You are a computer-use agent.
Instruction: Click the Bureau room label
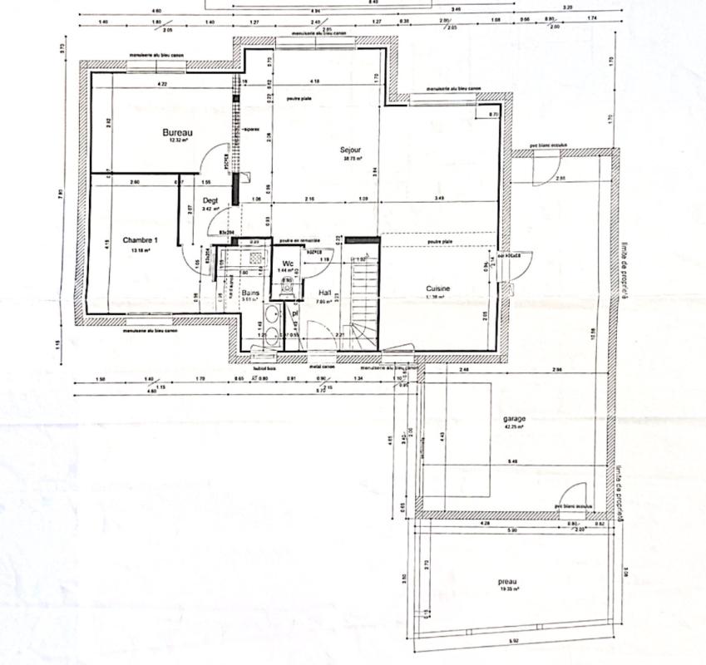click(x=177, y=132)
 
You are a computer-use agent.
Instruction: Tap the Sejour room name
click(x=350, y=150)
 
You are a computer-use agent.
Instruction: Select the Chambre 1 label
click(x=140, y=240)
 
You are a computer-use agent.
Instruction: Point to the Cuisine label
click(x=437, y=288)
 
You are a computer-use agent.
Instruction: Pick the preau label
click(x=509, y=581)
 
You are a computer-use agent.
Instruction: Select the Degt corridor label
click(x=210, y=200)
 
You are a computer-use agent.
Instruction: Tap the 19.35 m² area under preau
click(x=511, y=589)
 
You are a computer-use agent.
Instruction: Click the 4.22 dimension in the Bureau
click(x=163, y=84)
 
